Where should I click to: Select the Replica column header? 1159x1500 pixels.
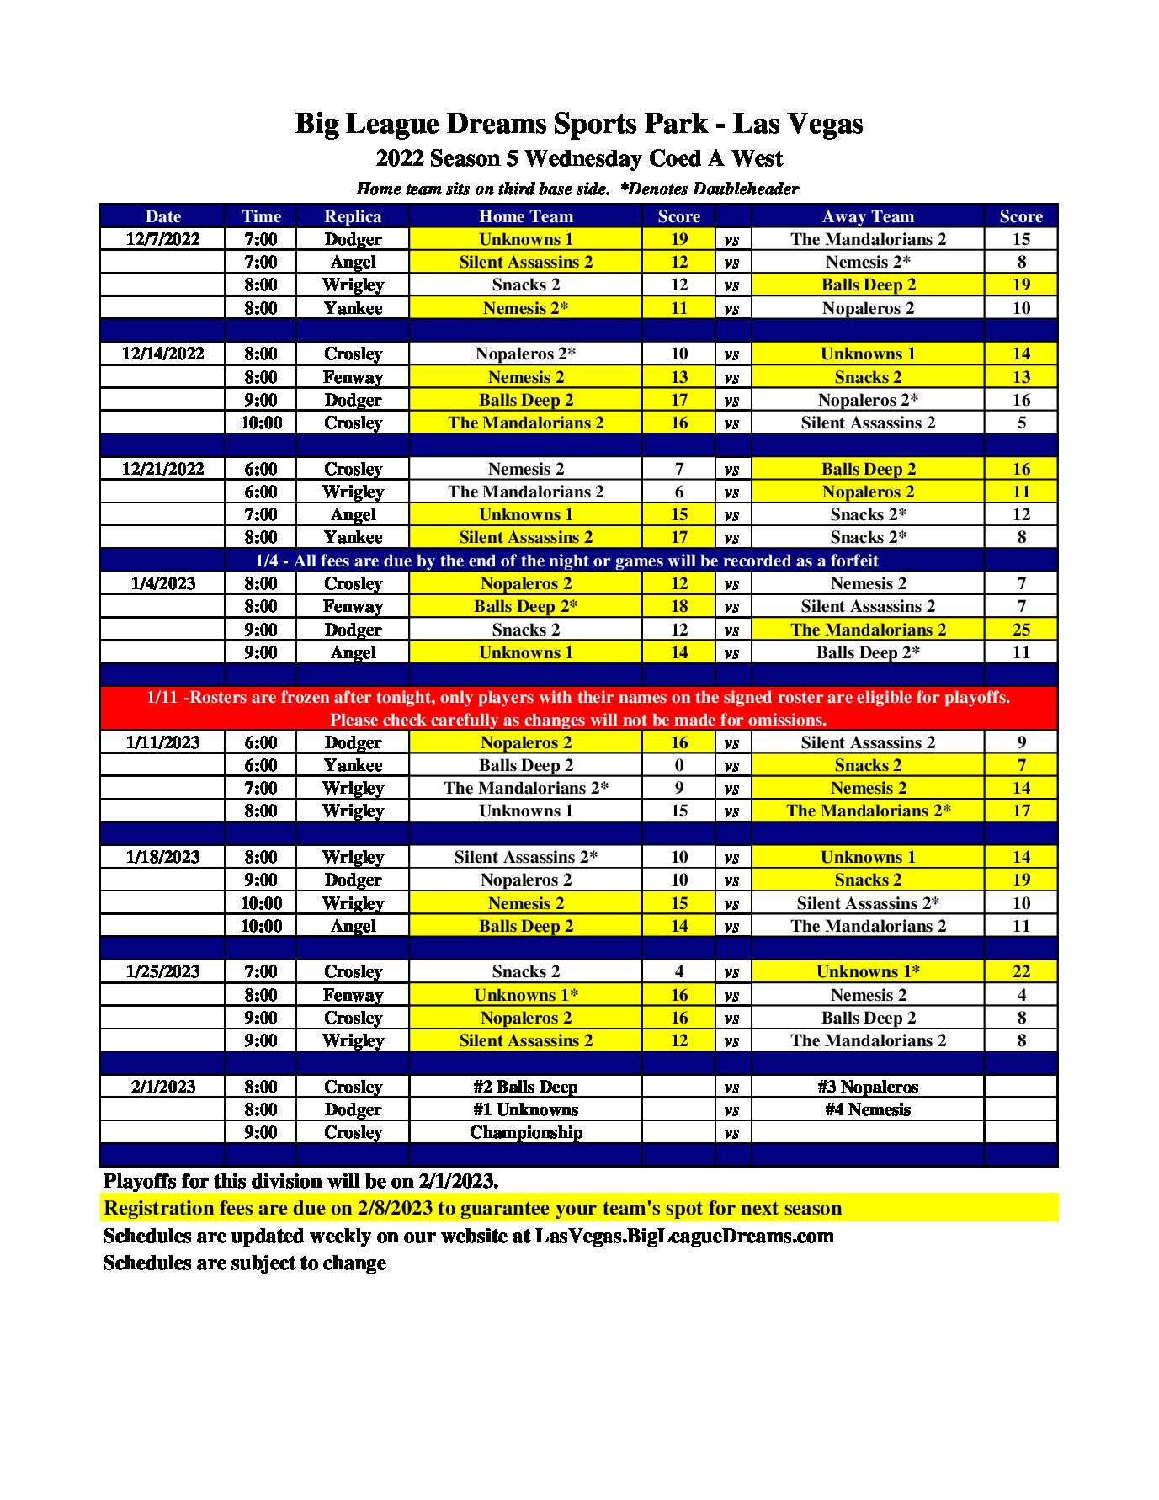click(x=353, y=216)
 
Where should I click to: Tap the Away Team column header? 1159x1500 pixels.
click(x=867, y=216)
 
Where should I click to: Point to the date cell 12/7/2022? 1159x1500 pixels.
click(x=162, y=239)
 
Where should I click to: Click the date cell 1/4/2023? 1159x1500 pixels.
click(x=162, y=583)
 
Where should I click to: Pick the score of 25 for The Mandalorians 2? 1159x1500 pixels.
click(x=1020, y=630)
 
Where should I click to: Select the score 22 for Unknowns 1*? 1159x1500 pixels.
click(x=1020, y=971)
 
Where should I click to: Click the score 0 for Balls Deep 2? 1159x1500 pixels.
click(x=678, y=765)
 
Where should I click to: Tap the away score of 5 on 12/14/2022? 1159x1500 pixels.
click(x=1020, y=423)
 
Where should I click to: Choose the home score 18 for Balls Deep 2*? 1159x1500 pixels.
click(x=678, y=606)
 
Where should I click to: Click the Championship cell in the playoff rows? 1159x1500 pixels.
click(x=525, y=1132)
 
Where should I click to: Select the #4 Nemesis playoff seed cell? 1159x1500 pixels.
click(x=867, y=1109)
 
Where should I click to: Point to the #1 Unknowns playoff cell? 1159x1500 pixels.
click(x=525, y=1109)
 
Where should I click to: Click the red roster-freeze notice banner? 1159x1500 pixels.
click(x=578, y=708)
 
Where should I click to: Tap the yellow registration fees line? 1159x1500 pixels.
click(x=472, y=1208)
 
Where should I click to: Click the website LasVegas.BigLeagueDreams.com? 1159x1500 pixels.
click(x=683, y=1236)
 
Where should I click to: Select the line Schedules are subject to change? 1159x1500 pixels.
click(x=244, y=1263)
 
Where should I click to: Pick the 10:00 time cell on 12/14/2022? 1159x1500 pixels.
click(x=261, y=423)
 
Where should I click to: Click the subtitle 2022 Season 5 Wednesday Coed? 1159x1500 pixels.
click(x=578, y=158)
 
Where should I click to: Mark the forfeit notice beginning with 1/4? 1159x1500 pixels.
click(x=566, y=561)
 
